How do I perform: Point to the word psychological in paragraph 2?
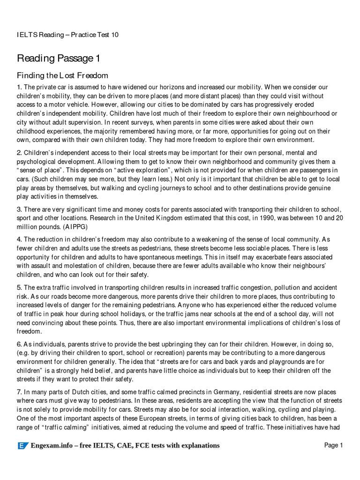click(x=38, y=161)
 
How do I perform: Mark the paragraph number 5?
click(x=19, y=288)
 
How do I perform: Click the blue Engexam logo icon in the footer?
click(x=22, y=446)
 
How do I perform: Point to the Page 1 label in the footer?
click(x=334, y=445)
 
